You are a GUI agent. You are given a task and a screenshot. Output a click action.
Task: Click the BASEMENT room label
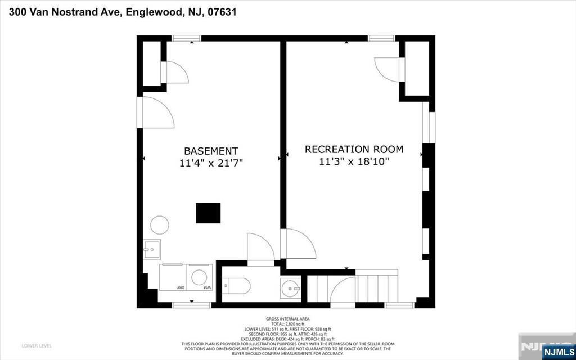pos(211,151)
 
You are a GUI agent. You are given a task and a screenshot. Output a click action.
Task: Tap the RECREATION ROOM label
pos(354,149)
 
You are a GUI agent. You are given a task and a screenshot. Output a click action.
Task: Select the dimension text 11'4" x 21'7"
pos(211,163)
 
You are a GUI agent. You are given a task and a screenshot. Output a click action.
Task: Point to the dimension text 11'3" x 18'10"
pos(354,161)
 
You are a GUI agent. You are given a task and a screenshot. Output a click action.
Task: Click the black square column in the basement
pos(208,213)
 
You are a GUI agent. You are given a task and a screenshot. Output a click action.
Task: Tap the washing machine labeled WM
pos(200,277)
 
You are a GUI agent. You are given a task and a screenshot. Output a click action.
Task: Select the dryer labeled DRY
pos(173,277)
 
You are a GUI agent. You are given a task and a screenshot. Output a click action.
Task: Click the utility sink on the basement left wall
pos(151,249)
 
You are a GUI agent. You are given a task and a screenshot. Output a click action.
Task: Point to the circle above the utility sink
pos(159,225)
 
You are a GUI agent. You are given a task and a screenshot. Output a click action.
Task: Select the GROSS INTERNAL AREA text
pos(287,319)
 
